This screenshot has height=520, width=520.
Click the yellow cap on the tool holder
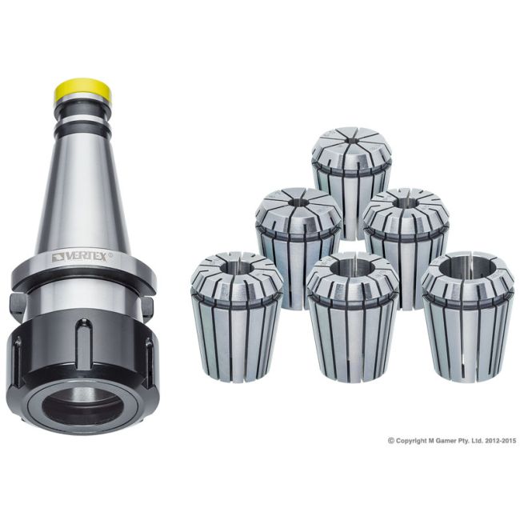point(83,90)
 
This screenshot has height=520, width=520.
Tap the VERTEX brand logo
point(83,257)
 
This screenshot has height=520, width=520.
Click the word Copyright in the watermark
point(413,440)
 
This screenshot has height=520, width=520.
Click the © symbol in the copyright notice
point(391,440)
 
